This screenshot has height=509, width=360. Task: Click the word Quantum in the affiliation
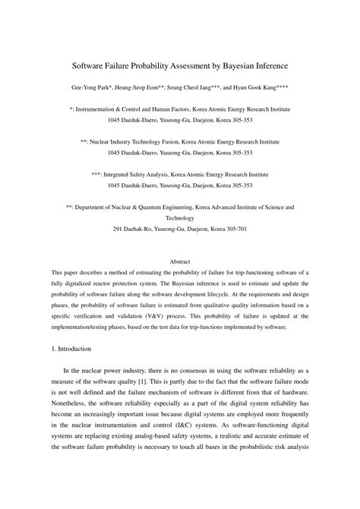coord(144,206)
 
